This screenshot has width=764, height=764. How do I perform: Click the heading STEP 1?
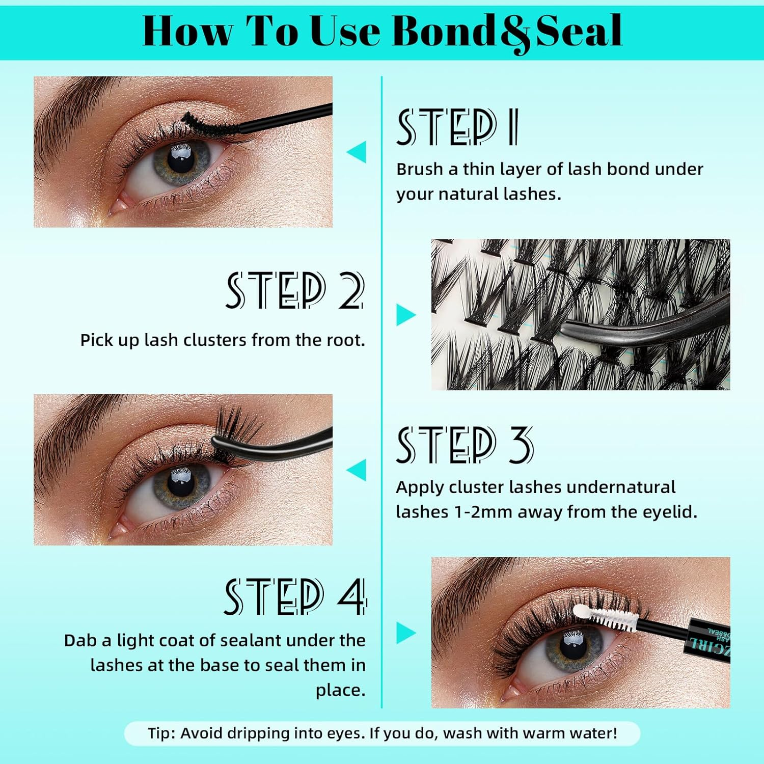(457, 127)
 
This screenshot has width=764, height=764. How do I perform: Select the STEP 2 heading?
(295, 290)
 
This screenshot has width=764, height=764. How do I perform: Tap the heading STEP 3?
(465, 445)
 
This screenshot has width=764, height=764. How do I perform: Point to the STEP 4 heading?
(295, 596)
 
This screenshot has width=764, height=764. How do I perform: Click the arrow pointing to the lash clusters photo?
(406, 315)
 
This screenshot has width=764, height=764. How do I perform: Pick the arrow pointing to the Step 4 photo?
(406, 633)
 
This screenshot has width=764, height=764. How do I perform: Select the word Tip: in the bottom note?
(162, 733)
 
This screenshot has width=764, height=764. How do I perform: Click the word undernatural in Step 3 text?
(621, 487)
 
